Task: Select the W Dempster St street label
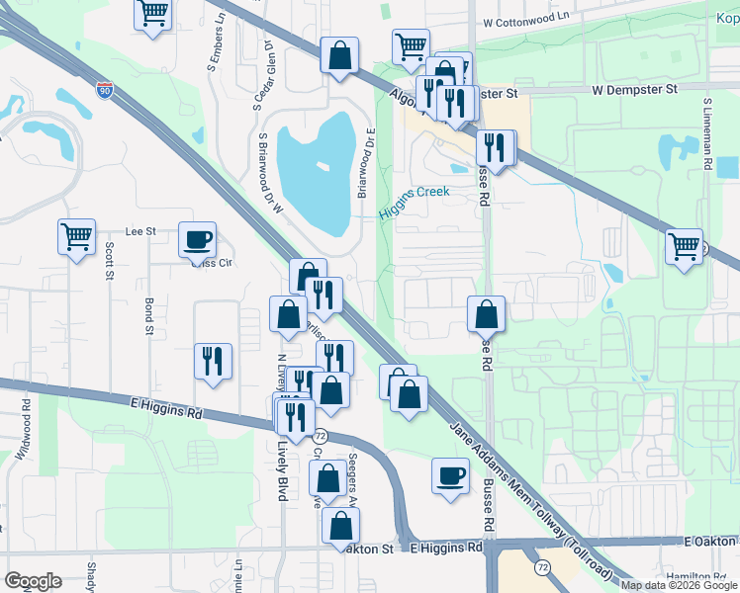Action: click(633, 89)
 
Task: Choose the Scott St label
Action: click(109, 262)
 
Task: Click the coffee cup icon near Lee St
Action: click(197, 238)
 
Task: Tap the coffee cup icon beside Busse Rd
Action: click(450, 476)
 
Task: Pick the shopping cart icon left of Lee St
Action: click(76, 236)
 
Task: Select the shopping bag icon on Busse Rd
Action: click(486, 314)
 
